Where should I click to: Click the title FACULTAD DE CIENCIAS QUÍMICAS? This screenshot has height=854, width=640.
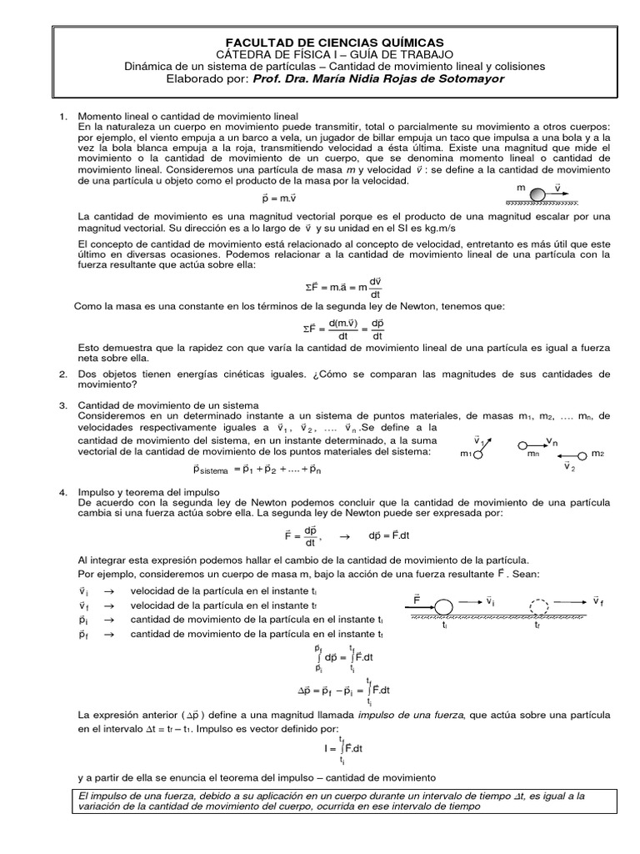(325, 42)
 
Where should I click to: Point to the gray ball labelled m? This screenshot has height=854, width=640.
(537, 194)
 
